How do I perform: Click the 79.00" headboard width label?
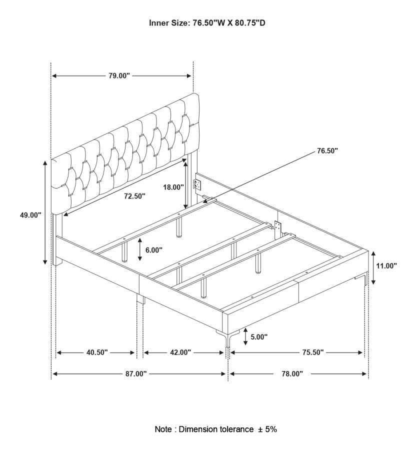(x=119, y=76)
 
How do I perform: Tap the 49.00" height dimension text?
(x=30, y=215)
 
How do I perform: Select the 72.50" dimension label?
(x=134, y=196)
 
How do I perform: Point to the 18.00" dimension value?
(x=173, y=187)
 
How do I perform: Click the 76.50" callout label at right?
(x=327, y=151)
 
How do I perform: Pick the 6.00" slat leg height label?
(x=154, y=250)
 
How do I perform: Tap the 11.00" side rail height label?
(x=386, y=266)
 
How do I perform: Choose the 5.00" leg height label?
(x=259, y=336)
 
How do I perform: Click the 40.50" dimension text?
(x=97, y=352)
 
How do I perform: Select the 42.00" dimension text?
(x=180, y=352)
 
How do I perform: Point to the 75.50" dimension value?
(x=313, y=352)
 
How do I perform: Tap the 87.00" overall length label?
(x=136, y=373)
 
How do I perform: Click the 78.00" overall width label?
(x=292, y=373)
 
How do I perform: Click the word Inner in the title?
(x=158, y=23)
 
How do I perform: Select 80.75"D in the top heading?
(x=250, y=23)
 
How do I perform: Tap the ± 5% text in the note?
(x=267, y=429)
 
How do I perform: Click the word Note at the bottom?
(x=163, y=429)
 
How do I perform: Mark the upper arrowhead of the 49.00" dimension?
(x=45, y=163)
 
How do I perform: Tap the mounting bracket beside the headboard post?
(x=197, y=185)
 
